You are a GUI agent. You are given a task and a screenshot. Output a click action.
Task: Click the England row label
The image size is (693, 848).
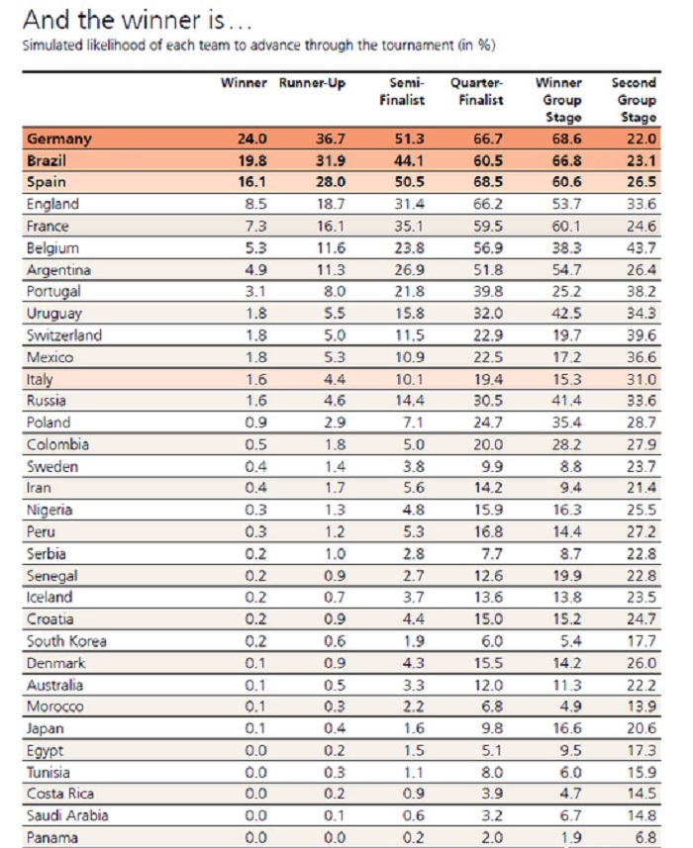coord(54,205)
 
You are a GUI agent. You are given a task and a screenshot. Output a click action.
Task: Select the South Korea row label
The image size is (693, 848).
coord(66,641)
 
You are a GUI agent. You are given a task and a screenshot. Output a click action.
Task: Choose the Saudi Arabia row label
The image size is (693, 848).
coord(68,816)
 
